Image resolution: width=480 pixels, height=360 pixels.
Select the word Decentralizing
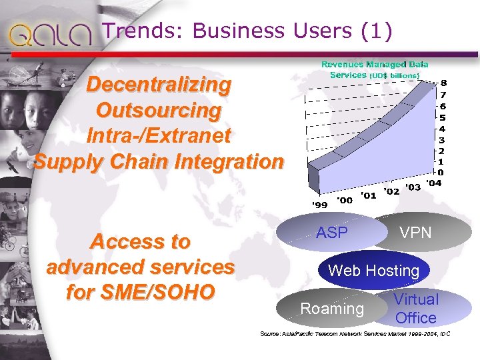click(159, 85)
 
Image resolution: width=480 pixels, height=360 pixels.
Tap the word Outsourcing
click(159, 110)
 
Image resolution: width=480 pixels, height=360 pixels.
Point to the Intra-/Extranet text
click(159, 136)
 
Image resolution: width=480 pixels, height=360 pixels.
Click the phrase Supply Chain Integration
click(159, 161)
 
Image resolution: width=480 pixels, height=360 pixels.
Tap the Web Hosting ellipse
click(373, 271)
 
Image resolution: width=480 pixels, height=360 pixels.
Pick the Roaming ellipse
click(332, 309)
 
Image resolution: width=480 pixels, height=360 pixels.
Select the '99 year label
click(321, 203)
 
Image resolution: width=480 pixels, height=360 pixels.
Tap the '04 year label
click(433, 183)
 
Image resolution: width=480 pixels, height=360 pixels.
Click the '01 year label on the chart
click(368, 195)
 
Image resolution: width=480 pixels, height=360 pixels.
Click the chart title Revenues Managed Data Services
click(375, 70)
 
